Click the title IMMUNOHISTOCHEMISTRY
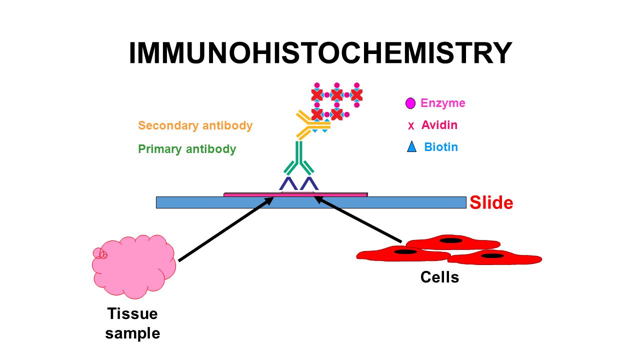click(320, 53)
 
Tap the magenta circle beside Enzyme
click(410, 103)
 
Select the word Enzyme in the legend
click(443, 103)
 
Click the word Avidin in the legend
click(439, 125)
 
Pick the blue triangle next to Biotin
click(411, 146)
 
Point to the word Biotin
click(441, 147)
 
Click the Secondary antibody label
click(195, 125)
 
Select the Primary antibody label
click(187, 149)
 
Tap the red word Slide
click(491, 202)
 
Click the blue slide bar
click(311, 202)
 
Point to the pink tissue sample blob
click(134, 266)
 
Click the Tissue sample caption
click(132, 323)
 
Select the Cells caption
click(439, 277)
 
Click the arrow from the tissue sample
click(226, 229)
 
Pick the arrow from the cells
click(358, 219)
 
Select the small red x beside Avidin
click(411, 125)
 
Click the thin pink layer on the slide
click(295, 195)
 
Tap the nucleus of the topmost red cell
click(451, 240)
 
